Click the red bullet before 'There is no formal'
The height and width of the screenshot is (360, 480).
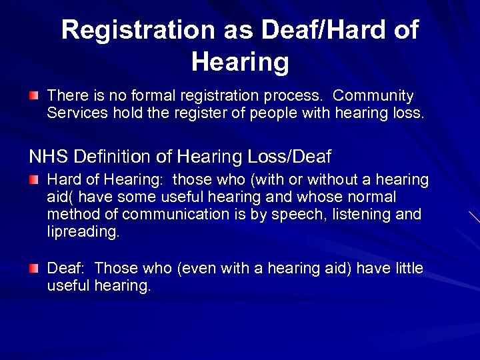34,97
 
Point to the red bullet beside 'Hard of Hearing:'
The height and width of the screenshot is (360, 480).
34,180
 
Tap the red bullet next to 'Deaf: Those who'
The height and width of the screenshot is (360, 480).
34,269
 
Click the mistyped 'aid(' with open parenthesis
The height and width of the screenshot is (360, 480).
60,197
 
